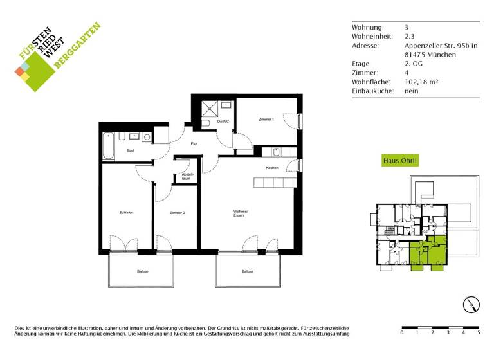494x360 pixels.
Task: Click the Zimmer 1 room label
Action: (266, 120)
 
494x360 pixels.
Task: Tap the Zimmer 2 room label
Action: (178, 213)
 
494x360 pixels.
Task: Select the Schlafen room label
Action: (125, 213)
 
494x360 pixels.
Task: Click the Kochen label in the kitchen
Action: (272, 168)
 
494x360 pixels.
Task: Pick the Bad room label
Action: (130, 151)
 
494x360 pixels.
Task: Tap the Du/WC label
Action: (223, 122)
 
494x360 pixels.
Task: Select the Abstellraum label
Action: (187, 176)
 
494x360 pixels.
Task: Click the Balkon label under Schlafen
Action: (142, 272)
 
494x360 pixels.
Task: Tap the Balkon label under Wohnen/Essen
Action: (248, 272)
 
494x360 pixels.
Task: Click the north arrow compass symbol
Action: (471, 305)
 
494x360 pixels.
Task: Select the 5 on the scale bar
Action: (479, 333)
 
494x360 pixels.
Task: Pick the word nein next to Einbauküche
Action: (412, 91)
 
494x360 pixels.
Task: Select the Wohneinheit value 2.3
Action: (409, 36)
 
